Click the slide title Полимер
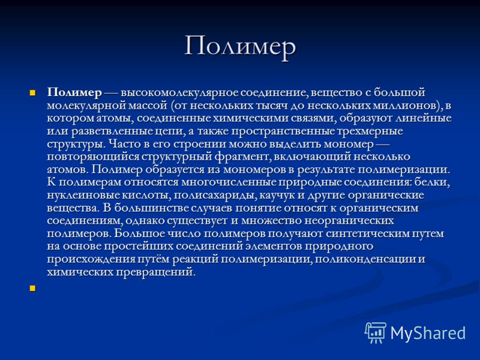pos(241,47)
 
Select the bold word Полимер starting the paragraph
pos(74,92)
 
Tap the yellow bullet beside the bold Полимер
pos(32,92)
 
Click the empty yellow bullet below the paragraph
pos(32,288)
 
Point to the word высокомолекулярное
pos(179,92)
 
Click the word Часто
pos(122,144)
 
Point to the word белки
pos(432,182)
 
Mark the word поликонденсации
pos(365,259)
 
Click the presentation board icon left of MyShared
pos(376,333)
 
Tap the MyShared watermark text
pos(428,333)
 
